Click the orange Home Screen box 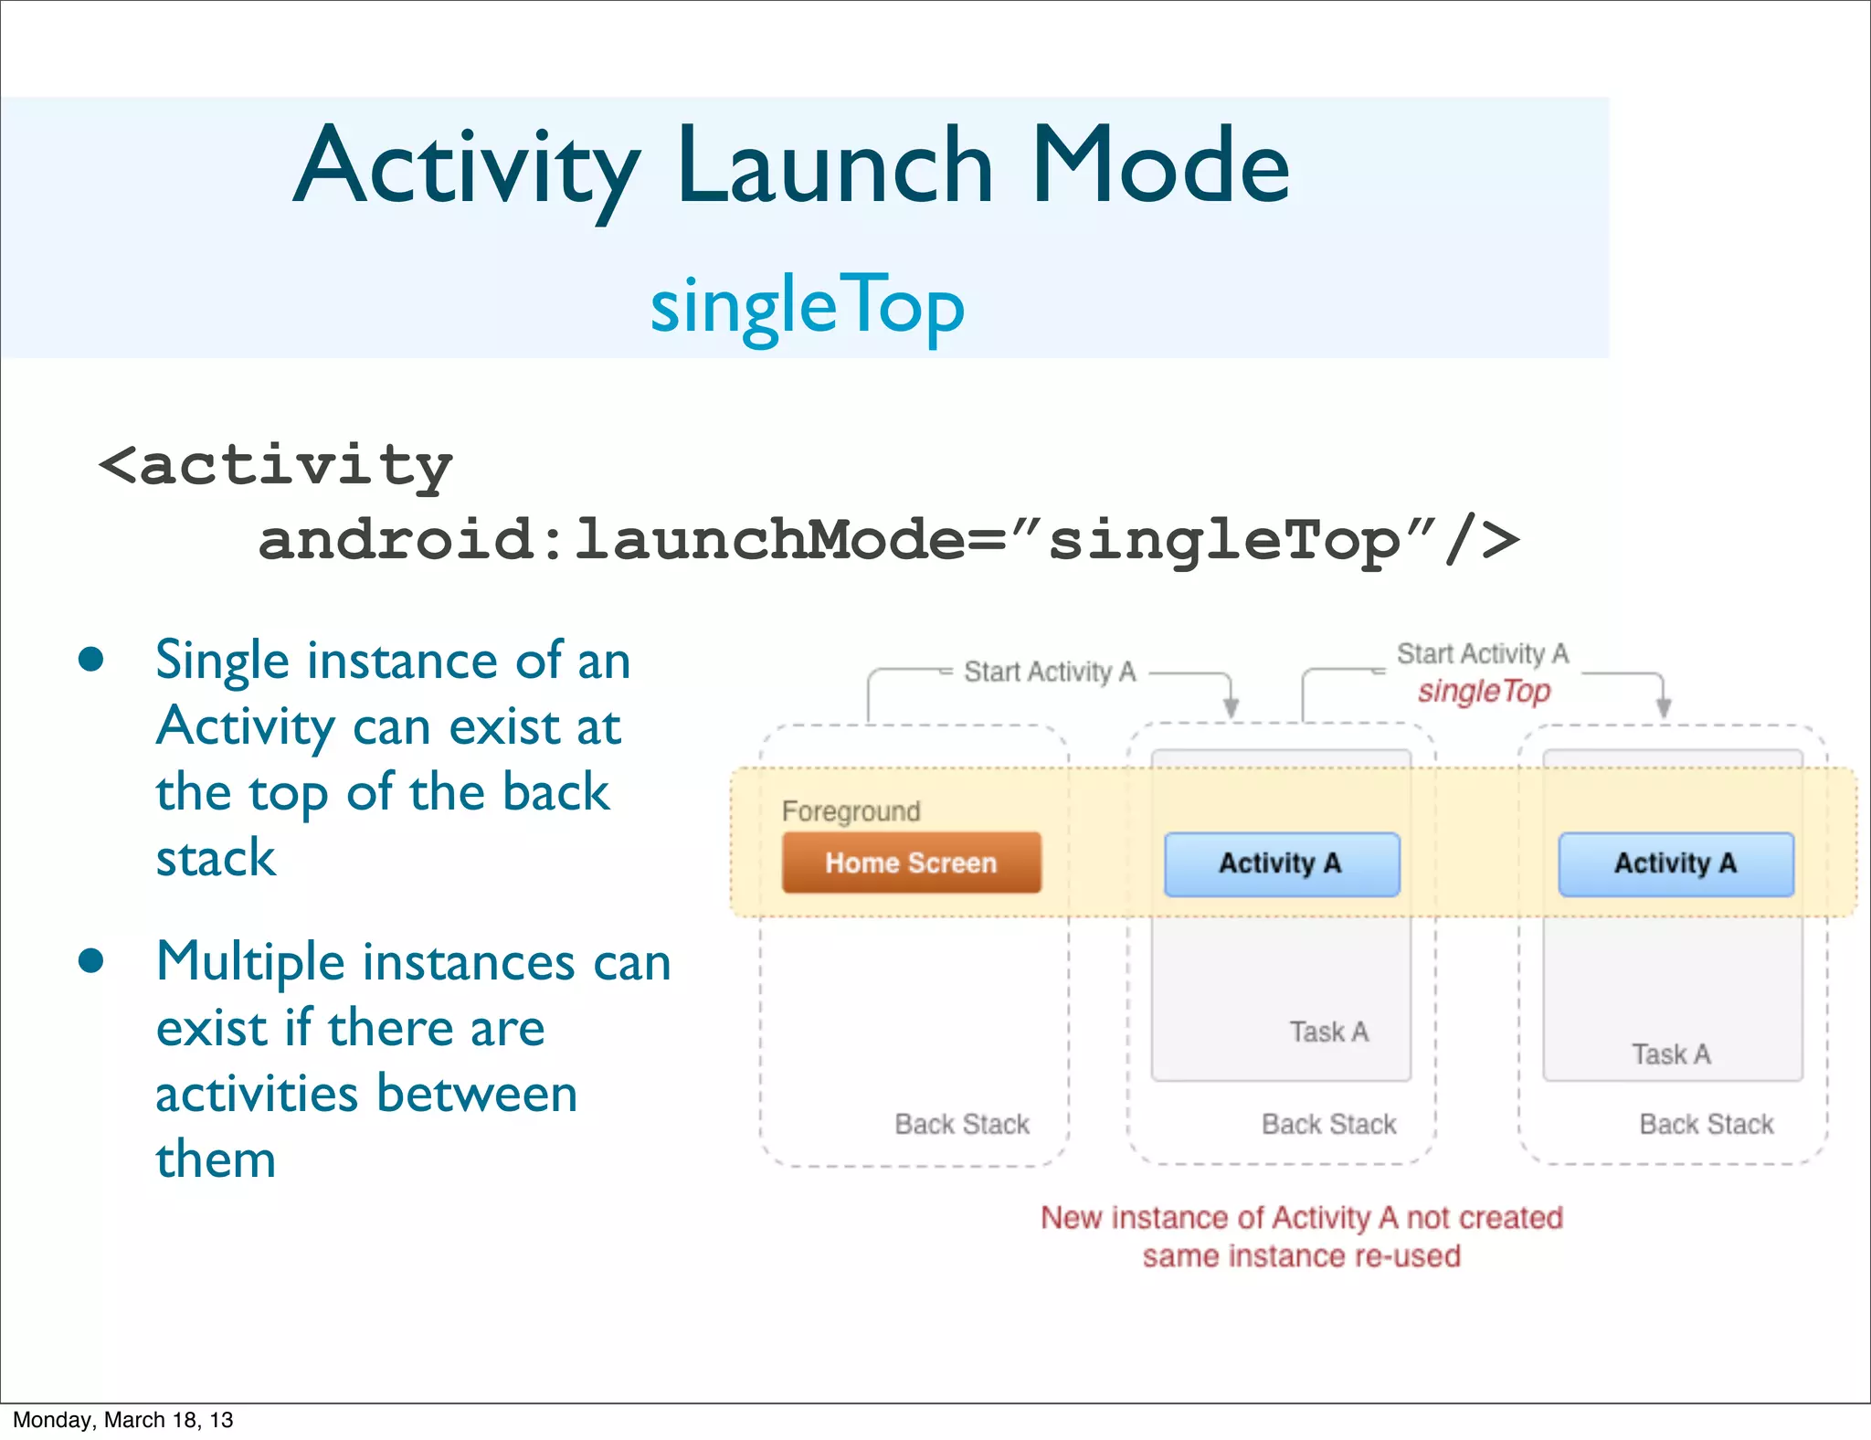tap(911, 863)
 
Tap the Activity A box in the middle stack tap(1281, 863)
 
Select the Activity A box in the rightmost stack tap(1675, 863)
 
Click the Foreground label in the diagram tap(851, 811)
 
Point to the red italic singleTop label tap(1484, 691)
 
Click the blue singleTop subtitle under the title tap(807, 307)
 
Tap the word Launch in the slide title tap(834, 166)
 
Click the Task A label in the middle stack tap(1328, 1032)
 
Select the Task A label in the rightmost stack tap(1671, 1054)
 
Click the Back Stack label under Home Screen tap(961, 1124)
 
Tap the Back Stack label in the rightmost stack tap(1706, 1124)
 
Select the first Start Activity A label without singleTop tap(1050, 672)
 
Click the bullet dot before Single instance tap(90, 660)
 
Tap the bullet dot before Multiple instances tap(90, 961)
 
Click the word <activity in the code tap(276, 466)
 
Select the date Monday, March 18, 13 tap(123, 1420)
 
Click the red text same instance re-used tap(1301, 1256)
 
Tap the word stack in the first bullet tap(216, 858)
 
